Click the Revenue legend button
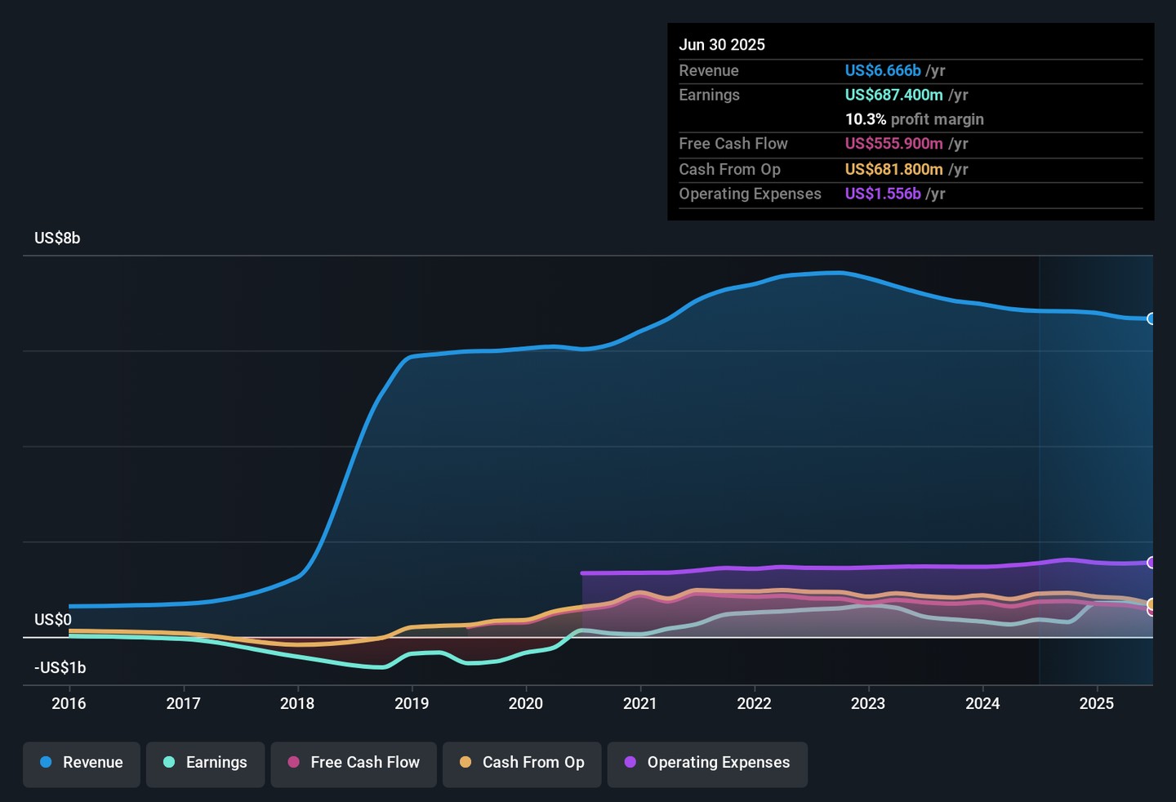pos(82,763)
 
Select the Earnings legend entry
pos(205,763)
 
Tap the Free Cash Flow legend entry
pos(354,763)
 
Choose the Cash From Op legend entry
pos(522,763)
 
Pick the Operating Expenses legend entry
pos(707,763)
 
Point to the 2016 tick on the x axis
pos(69,703)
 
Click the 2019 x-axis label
pos(412,703)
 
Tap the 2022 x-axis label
pos(754,703)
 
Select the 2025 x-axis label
pos(1096,703)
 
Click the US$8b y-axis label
pos(57,238)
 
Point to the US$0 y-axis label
pos(53,620)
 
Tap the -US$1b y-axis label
pos(60,668)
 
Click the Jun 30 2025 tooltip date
pos(722,45)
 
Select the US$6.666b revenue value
pos(883,71)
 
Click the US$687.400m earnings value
pos(894,96)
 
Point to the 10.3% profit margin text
pos(914,120)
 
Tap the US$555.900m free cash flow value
pos(894,144)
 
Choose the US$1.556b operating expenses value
pos(883,194)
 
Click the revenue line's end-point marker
pos(1151,319)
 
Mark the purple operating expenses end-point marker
pos(1151,563)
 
